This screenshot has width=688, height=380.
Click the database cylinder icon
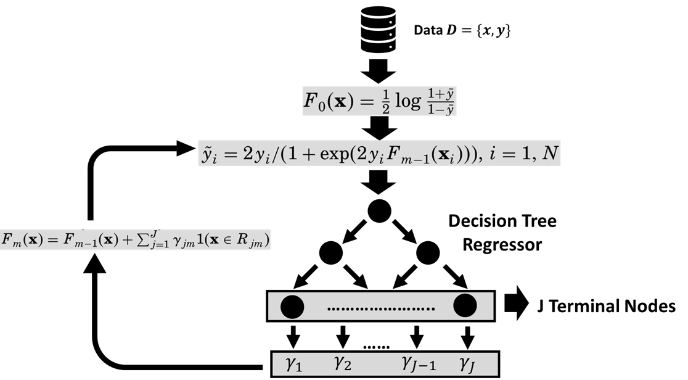tap(377, 27)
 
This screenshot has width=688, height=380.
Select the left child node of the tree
tap(331, 251)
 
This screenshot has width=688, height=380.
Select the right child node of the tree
tap(427, 251)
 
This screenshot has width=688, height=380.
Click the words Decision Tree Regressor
tap(502, 233)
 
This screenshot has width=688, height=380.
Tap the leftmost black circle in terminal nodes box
tap(292, 305)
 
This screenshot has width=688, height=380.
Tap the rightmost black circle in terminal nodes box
tap(465, 305)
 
